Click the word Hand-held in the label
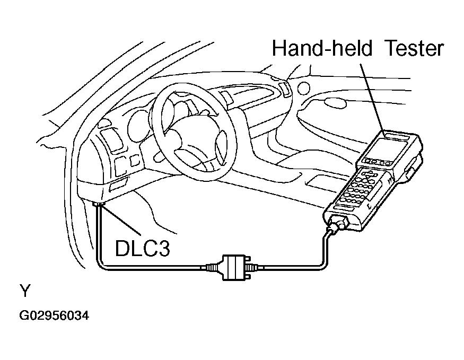[318, 48]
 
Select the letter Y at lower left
[25, 291]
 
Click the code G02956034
[54, 317]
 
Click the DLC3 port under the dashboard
[99, 204]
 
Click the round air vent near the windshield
[303, 86]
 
